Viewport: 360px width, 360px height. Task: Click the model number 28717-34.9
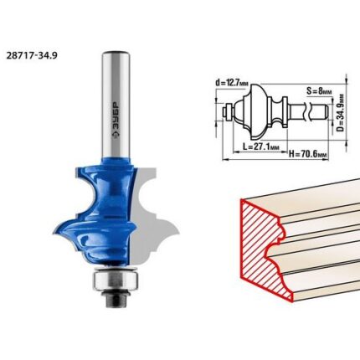(x=32, y=55)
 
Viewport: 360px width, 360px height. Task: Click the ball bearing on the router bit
(x=115, y=277)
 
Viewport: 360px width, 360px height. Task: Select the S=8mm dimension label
(x=319, y=90)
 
